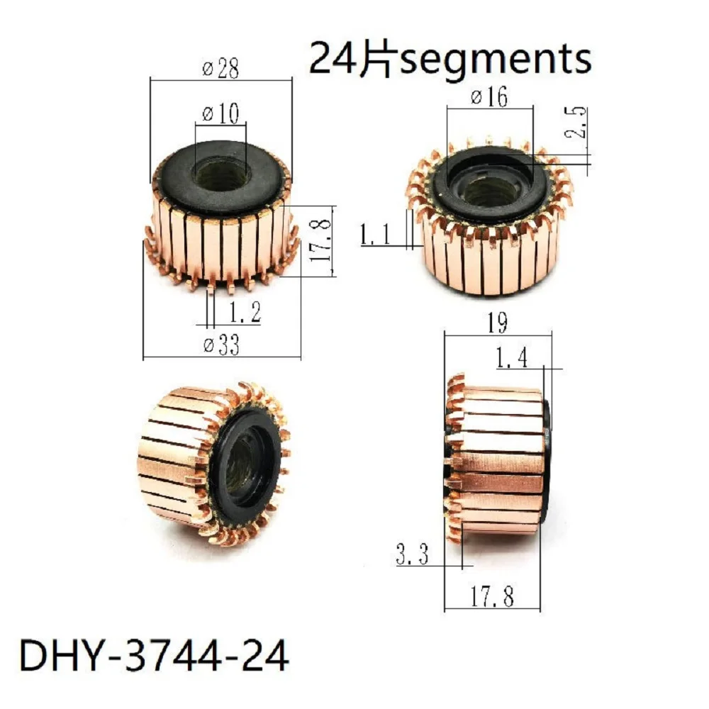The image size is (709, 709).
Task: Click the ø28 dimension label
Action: [x=220, y=69]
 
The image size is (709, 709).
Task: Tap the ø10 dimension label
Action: [x=220, y=113]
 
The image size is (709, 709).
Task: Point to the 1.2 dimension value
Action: [x=245, y=311]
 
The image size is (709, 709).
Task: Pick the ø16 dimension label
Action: [x=489, y=97]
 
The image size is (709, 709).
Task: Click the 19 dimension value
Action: [x=496, y=323]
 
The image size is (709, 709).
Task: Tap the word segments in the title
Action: [x=495, y=60]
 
